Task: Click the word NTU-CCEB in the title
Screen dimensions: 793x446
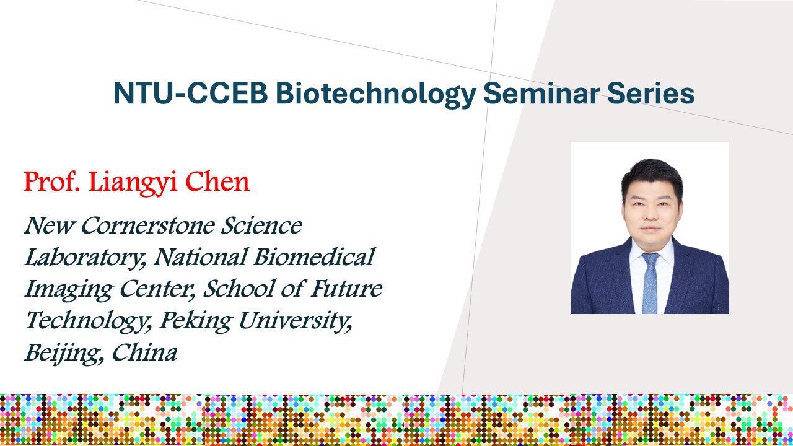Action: pos(190,93)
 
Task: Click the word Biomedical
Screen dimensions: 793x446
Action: pos(314,256)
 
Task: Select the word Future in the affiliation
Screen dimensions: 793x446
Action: pos(346,288)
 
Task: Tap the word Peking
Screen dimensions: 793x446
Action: pos(195,321)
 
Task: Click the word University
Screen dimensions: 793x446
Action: pos(296,321)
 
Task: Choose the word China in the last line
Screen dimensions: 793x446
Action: pos(144,352)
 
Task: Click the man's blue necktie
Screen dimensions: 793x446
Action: pos(650,282)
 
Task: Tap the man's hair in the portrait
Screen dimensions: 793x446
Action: pos(652,177)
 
